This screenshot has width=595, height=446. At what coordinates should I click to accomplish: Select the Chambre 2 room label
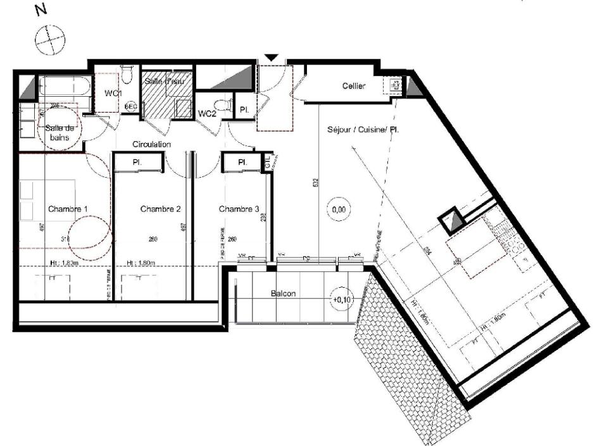click(x=161, y=209)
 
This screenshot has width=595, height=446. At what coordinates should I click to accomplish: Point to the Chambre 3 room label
click(x=239, y=209)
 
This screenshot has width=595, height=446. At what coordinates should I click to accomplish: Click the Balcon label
click(x=284, y=294)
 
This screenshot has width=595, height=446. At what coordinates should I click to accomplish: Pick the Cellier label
click(x=354, y=86)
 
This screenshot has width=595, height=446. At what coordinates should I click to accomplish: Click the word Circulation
click(x=152, y=144)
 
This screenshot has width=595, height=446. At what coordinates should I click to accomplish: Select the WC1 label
click(x=113, y=94)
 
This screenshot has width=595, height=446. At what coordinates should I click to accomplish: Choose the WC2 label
click(x=208, y=114)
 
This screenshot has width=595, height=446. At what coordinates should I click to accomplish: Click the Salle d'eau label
click(x=163, y=81)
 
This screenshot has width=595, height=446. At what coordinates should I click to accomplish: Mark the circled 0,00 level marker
click(x=339, y=208)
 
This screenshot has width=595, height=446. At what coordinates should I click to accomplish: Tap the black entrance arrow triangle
click(x=271, y=58)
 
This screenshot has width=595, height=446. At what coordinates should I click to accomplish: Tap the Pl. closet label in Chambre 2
click(x=137, y=163)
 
